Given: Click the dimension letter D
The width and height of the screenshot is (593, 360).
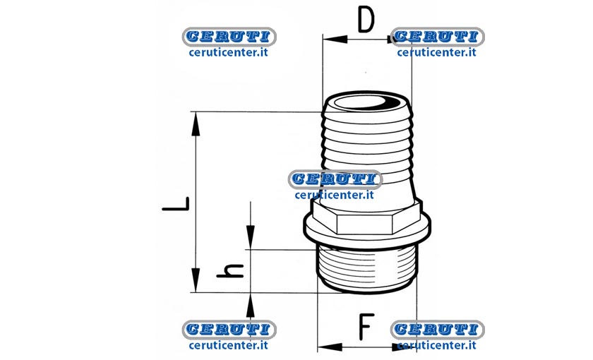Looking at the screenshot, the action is point(366,20).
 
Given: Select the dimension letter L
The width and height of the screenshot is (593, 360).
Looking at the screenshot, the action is point(176,203).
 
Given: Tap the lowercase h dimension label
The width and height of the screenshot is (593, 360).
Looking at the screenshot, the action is point(230,271).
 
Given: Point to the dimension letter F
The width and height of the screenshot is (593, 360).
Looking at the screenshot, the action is point(366,327).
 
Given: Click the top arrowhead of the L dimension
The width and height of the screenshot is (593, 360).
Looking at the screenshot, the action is point(196,124).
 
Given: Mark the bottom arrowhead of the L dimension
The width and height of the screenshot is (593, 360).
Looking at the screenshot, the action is point(196,280).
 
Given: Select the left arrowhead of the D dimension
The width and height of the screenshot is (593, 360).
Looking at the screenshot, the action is point(335,39).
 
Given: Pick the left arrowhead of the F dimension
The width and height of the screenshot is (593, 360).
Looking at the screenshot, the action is point(330,347).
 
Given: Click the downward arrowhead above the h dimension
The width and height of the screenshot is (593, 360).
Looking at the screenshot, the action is point(251,237).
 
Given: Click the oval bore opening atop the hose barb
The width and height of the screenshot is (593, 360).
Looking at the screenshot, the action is point(366,102).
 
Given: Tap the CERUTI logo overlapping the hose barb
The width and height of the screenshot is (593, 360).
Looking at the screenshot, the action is point(335,179).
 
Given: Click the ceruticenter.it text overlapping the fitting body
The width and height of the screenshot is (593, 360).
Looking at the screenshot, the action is point(335,195).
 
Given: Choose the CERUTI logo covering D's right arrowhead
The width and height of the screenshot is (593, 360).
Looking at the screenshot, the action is point(438,37).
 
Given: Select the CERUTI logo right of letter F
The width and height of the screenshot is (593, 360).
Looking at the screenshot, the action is point(438,330).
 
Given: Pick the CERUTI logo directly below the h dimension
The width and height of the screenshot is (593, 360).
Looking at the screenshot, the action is point(229,330).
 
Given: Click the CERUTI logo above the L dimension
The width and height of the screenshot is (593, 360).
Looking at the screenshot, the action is point(229,37).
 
